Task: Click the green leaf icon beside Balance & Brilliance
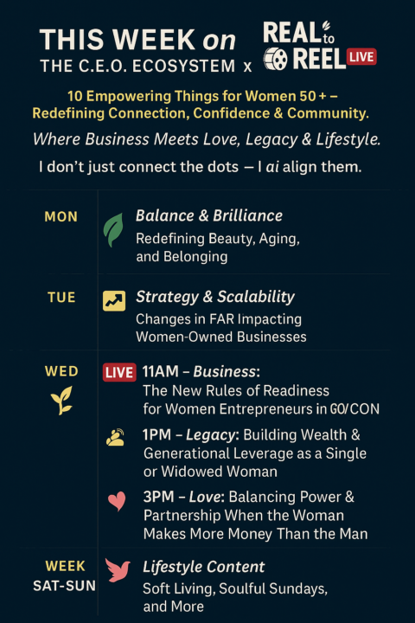pos(113,229)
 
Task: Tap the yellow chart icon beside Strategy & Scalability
pos(114,300)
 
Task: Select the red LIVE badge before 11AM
pos(119,373)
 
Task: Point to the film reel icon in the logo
pos(276,59)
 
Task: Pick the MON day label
pos(61,217)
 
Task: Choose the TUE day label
pos(61,298)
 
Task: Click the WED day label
pos(61,371)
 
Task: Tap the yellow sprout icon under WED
pos(61,400)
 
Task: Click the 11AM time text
pos(163,372)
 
